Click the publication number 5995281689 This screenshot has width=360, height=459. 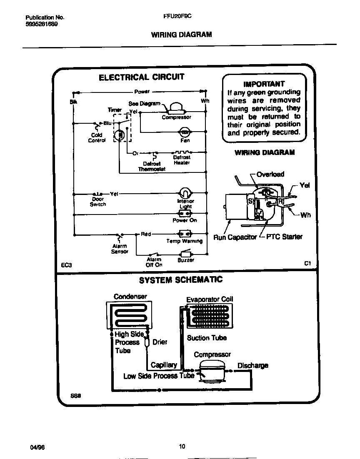(x=42, y=24)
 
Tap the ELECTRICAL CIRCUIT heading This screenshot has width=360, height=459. (x=141, y=77)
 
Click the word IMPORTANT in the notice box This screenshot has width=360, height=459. (x=264, y=84)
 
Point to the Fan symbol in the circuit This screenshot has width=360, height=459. (x=185, y=132)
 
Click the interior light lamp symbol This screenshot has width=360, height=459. (x=185, y=193)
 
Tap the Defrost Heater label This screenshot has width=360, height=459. (x=182, y=160)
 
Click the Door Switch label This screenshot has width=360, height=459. (x=98, y=202)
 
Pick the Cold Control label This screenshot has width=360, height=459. (x=96, y=138)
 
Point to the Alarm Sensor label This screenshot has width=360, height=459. (x=120, y=249)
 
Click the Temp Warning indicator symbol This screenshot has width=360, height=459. (x=184, y=234)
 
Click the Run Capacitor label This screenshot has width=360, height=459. (x=235, y=237)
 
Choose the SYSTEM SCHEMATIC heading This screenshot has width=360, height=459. (x=180, y=280)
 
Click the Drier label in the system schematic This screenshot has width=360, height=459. (x=160, y=342)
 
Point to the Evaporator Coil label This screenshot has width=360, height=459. (x=210, y=299)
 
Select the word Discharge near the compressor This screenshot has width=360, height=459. (x=252, y=366)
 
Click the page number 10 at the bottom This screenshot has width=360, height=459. (x=182, y=447)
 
